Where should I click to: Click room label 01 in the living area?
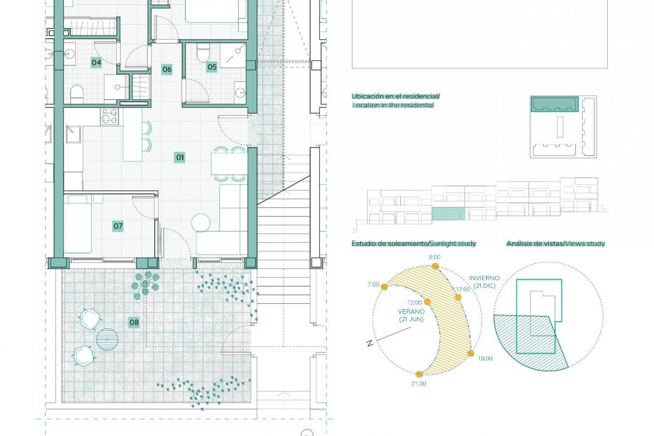[180, 157]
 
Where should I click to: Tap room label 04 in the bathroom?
[96, 62]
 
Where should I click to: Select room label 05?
[212, 67]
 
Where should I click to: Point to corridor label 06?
[167, 69]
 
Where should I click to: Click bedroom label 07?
[118, 226]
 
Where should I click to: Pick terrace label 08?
[134, 323]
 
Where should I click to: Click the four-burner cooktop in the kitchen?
[109, 117]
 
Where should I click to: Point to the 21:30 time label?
[419, 384]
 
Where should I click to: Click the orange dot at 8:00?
[434, 266]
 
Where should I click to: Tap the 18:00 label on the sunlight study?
[485, 358]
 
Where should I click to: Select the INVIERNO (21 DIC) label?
[484, 282]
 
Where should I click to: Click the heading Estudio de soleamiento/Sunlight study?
[414, 244]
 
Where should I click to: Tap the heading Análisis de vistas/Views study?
[555, 244]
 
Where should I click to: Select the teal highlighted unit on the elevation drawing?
[448, 214]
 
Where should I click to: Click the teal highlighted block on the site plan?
[555, 104]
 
